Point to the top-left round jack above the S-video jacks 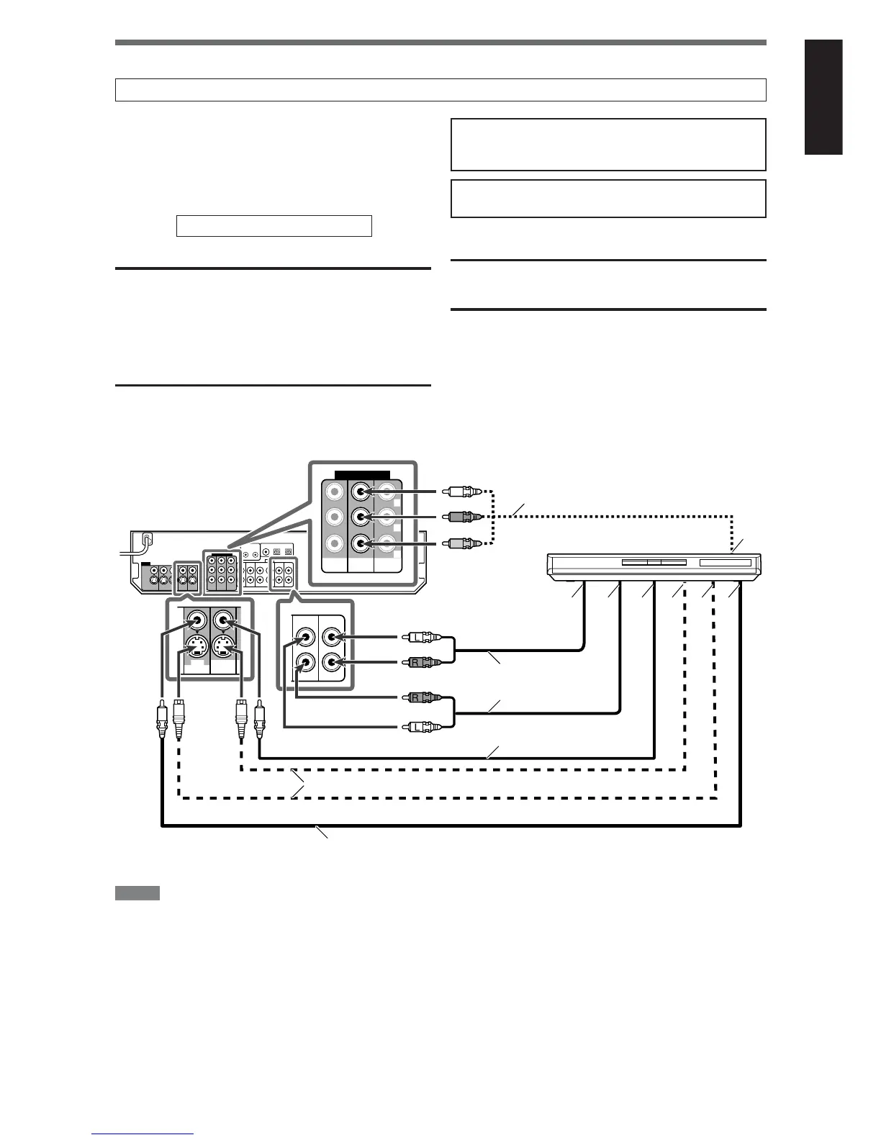[x=196, y=618]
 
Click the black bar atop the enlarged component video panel [x=363, y=475]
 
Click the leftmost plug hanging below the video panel [x=161, y=720]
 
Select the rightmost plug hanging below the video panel [x=259, y=720]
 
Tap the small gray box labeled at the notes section [x=137, y=893]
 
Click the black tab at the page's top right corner [x=823, y=97]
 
